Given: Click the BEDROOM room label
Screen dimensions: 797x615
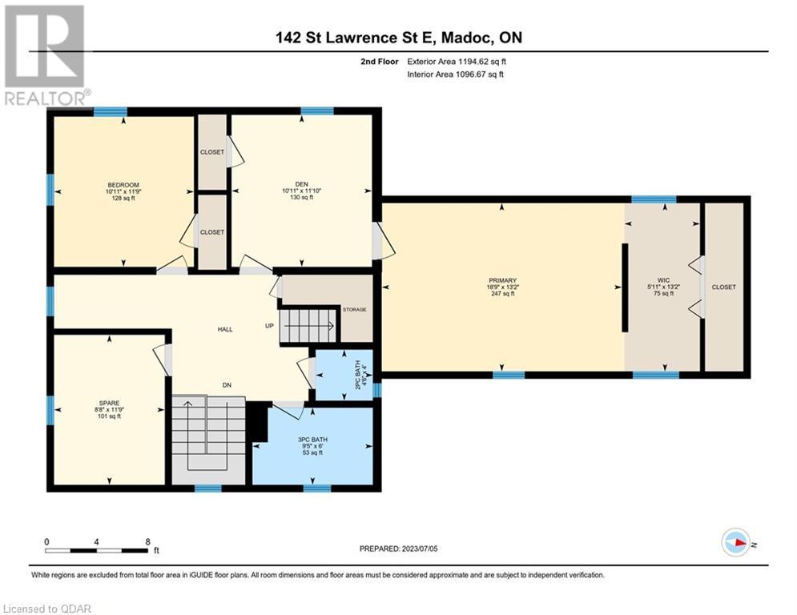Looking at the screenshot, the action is point(123,185).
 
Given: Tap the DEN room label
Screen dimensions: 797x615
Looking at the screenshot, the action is point(302,184).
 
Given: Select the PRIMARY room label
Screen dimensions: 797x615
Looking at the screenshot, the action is point(502,280).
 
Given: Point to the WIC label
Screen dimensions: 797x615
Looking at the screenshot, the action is point(663,280).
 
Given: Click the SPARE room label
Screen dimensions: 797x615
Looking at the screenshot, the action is point(109,403).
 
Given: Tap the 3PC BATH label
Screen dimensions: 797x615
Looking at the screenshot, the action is point(312,440).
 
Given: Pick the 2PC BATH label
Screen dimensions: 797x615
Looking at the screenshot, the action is point(358,375).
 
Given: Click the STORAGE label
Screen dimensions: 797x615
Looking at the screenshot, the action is point(354,310).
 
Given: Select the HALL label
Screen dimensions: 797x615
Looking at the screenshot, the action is point(225,329).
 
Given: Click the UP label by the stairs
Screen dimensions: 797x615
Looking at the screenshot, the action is point(269,326).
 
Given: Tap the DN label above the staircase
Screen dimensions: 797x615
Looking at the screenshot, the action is point(227,385).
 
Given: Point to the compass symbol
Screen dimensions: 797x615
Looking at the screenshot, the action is point(736,543).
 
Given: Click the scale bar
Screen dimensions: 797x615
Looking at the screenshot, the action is point(97,550).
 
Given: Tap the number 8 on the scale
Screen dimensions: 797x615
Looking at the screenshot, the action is point(147,542).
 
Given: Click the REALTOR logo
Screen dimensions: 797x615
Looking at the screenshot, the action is point(46,55).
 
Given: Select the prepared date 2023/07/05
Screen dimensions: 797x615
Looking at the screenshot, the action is point(420,549).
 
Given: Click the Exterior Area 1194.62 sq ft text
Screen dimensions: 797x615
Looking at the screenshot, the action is point(457,62).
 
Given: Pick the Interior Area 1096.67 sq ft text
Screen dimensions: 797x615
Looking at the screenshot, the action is point(456,74).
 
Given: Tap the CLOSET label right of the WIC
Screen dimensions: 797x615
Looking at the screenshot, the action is point(724,287).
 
